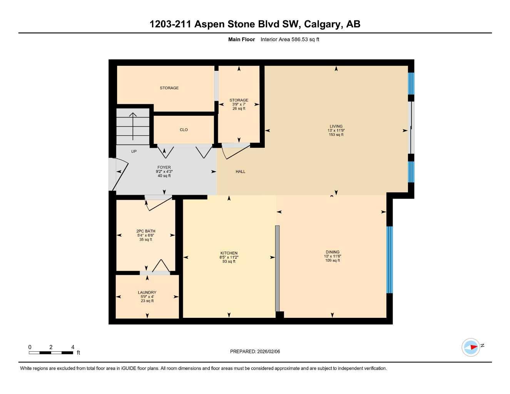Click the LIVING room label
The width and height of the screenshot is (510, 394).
tap(336, 126)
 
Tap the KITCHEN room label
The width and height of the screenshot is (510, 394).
tap(229, 253)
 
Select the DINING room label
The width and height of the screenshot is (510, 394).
tap(333, 252)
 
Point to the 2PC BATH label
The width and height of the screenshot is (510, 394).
tap(145, 231)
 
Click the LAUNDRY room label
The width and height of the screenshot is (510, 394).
tap(147, 292)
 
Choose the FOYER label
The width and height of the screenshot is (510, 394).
tap(164, 167)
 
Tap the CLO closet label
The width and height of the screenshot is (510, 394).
tap(184, 130)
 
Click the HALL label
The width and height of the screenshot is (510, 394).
tap(240, 172)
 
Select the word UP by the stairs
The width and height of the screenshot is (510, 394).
tap(134, 151)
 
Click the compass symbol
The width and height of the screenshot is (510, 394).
tap(471, 347)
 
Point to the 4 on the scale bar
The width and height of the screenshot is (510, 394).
tap(73, 347)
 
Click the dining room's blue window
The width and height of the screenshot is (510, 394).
tap(390, 260)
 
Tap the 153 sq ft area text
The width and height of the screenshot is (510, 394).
tap(336, 135)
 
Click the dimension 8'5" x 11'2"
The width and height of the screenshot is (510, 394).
tap(229, 257)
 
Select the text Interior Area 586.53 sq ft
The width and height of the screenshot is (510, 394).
tap(289, 39)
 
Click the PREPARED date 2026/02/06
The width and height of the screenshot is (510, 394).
tap(268, 351)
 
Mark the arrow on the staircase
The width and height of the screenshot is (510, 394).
tap(133, 125)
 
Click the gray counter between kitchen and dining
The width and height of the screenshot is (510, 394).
tap(277, 268)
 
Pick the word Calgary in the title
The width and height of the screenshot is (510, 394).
tap(322, 24)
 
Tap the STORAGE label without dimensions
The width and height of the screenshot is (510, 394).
tap(169, 88)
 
